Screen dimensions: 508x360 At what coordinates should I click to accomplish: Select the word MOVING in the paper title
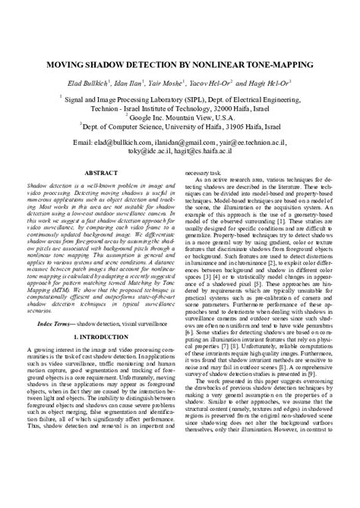click(x=67, y=66)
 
